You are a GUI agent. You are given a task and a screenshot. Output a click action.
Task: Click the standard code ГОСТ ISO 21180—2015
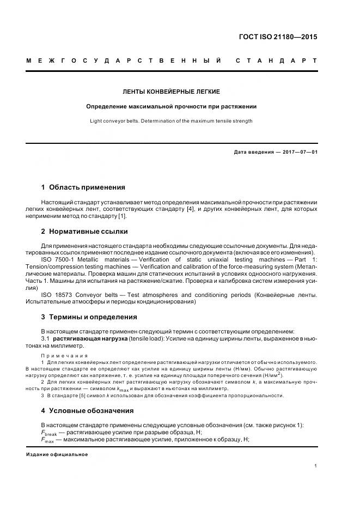click(x=278, y=37)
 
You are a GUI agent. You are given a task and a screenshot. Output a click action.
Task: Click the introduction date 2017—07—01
click(x=298, y=152)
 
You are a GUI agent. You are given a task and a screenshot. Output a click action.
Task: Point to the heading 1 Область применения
click(x=83, y=187)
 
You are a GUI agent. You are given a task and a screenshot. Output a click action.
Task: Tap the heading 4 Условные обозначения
click(x=87, y=411)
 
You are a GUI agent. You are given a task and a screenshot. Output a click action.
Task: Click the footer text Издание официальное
click(x=57, y=454)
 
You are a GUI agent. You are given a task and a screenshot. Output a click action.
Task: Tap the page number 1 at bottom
click(x=316, y=466)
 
